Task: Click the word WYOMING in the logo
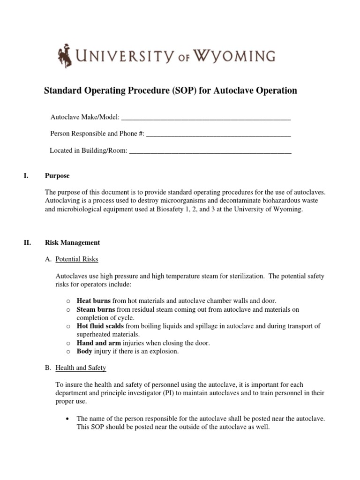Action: pyautogui.click(x=234, y=56)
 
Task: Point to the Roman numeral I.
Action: pyautogui.click(x=25, y=176)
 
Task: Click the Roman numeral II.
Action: pyautogui.click(x=27, y=243)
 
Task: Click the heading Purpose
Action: pyautogui.click(x=57, y=176)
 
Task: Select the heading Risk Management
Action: pyautogui.click(x=72, y=243)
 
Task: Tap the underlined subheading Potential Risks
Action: pyautogui.click(x=77, y=259)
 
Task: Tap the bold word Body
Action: pyautogui.click(x=85, y=352)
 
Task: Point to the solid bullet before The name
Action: pyautogui.click(x=69, y=418)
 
